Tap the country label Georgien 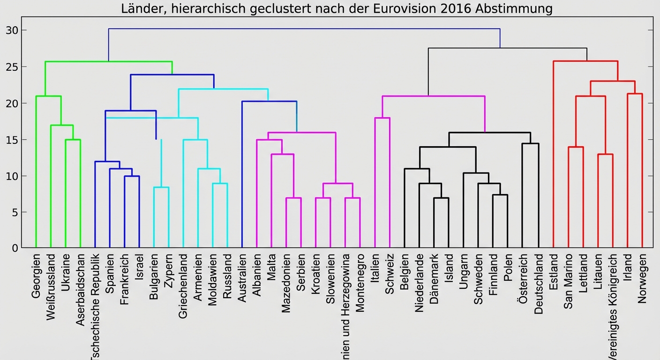click(x=36, y=276)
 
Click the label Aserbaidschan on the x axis click(x=80, y=290)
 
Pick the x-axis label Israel click(x=139, y=268)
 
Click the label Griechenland click(x=183, y=286)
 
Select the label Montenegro click(x=360, y=283)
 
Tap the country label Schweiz click(x=390, y=274)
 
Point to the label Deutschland click(x=539, y=284)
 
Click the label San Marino click(x=569, y=281)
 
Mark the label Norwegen click(x=642, y=278)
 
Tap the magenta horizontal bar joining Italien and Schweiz click(x=382, y=118)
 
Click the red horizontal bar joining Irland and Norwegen click(x=635, y=94)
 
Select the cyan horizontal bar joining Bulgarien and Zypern click(x=161, y=187)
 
